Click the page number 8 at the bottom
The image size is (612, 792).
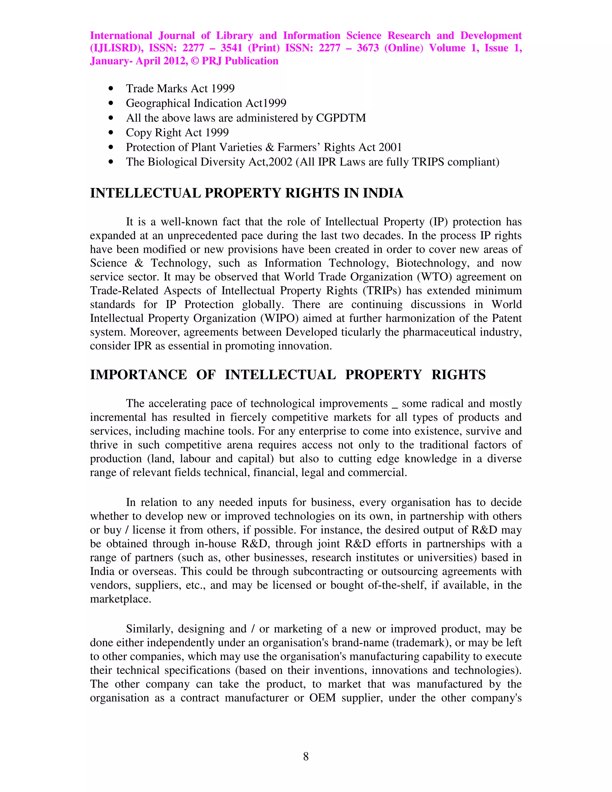coord(306,756)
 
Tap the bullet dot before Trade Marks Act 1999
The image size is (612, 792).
coord(111,88)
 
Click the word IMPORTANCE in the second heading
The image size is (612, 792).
coord(138,374)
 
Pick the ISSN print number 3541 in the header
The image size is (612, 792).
coord(231,48)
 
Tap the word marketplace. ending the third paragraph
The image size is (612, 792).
coord(120,599)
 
